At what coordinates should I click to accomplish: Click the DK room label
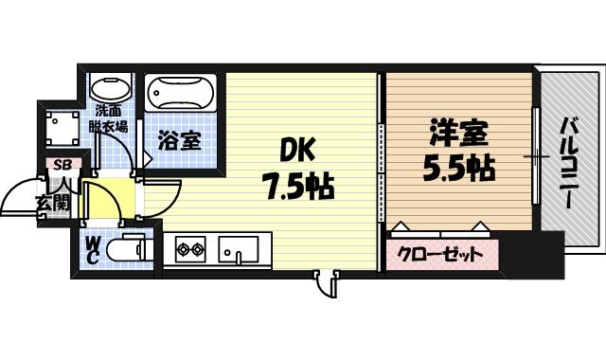coord(295,150)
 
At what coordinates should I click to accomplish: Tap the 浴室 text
coord(179,142)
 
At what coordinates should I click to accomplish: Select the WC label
coord(94,250)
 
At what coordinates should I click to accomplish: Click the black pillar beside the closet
coord(518,253)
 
